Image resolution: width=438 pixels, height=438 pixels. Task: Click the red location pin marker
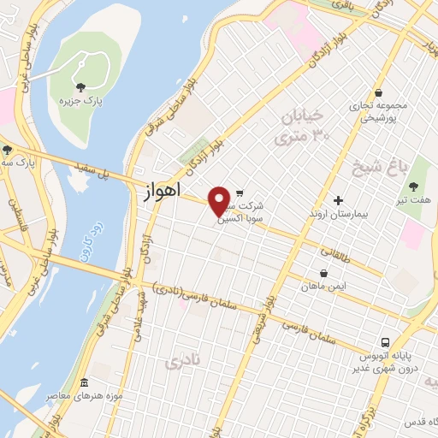[220, 201]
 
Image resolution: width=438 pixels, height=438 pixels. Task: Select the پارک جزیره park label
[80, 101]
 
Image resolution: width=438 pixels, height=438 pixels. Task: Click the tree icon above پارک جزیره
[81, 86]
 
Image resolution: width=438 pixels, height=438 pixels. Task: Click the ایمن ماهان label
[323, 287]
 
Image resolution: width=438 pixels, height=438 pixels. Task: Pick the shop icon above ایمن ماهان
[323, 274]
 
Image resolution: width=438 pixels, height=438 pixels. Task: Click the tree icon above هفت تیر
[415, 186]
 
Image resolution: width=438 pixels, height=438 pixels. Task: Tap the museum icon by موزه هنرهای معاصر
[84, 383]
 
